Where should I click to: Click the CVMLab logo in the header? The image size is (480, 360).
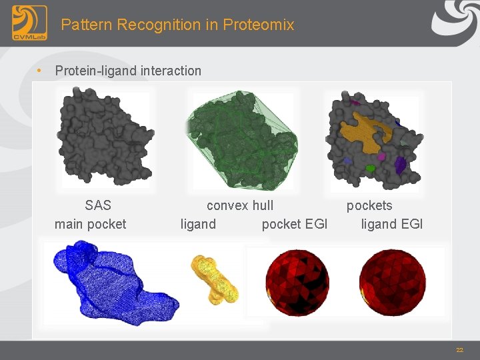coord(29,23)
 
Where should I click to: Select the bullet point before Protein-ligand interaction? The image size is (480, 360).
coord(40,70)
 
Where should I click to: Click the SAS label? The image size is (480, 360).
coord(98,205)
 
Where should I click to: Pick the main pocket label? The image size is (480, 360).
coord(90,224)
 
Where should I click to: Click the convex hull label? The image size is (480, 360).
coord(240,205)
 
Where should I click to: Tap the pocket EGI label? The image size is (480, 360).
coord(295,224)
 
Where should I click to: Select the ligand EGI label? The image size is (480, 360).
coord(392,224)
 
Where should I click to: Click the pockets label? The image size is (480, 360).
coord(369,205)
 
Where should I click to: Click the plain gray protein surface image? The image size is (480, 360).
coord(105,136)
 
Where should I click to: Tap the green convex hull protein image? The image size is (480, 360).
coord(241,140)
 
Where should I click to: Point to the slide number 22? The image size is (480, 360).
coord(459,350)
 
